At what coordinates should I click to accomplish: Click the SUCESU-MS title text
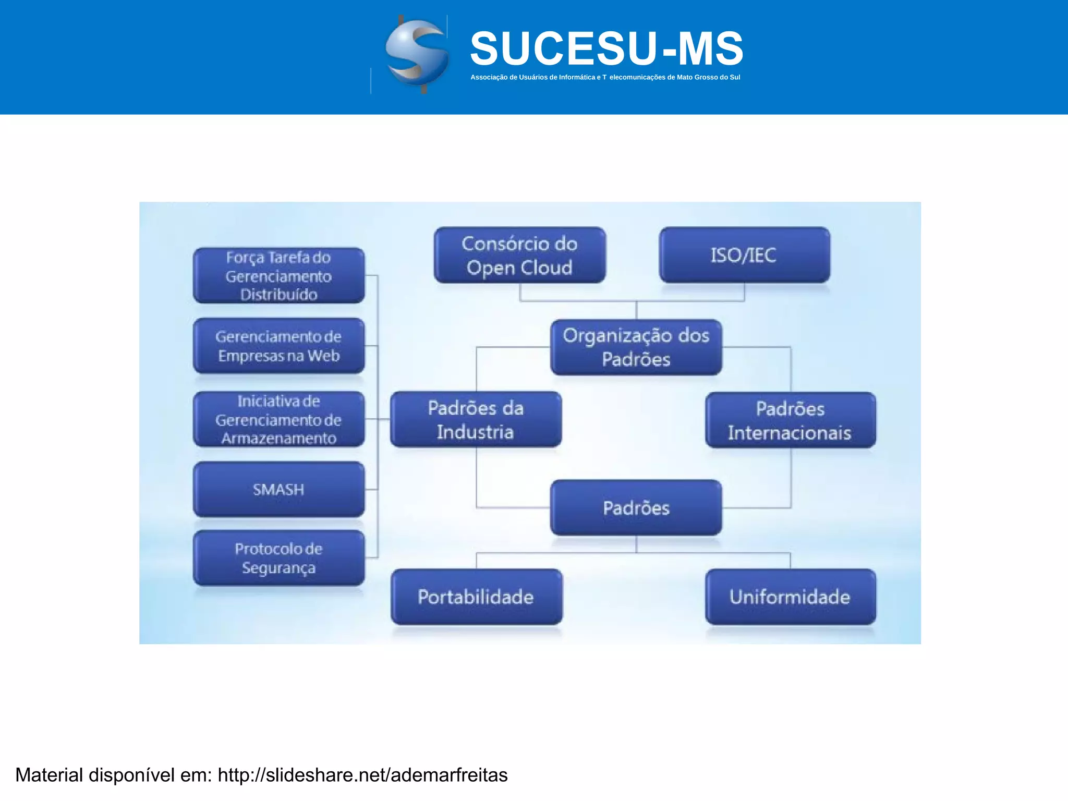click(606, 48)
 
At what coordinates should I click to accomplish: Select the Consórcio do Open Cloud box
click(519, 256)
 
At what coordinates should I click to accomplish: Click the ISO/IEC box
click(744, 255)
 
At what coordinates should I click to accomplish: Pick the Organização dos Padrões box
click(636, 347)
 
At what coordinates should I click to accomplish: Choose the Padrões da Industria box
click(476, 420)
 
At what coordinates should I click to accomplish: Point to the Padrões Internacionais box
click(790, 420)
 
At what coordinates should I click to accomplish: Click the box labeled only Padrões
click(636, 508)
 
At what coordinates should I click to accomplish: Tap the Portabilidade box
click(476, 597)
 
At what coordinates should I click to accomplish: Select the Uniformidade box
click(790, 597)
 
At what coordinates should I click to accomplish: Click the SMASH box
click(278, 490)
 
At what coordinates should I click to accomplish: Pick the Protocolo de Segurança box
click(278, 558)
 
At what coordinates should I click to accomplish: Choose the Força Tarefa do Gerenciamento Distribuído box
click(278, 276)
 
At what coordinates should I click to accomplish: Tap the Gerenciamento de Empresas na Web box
click(278, 346)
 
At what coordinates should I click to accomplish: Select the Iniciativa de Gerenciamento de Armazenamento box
click(278, 420)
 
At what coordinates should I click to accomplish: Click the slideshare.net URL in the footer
click(362, 775)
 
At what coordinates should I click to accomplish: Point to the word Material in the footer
click(49, 775)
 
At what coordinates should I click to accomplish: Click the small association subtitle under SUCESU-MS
click(605, 77)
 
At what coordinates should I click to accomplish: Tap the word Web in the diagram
click(323, 356)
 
